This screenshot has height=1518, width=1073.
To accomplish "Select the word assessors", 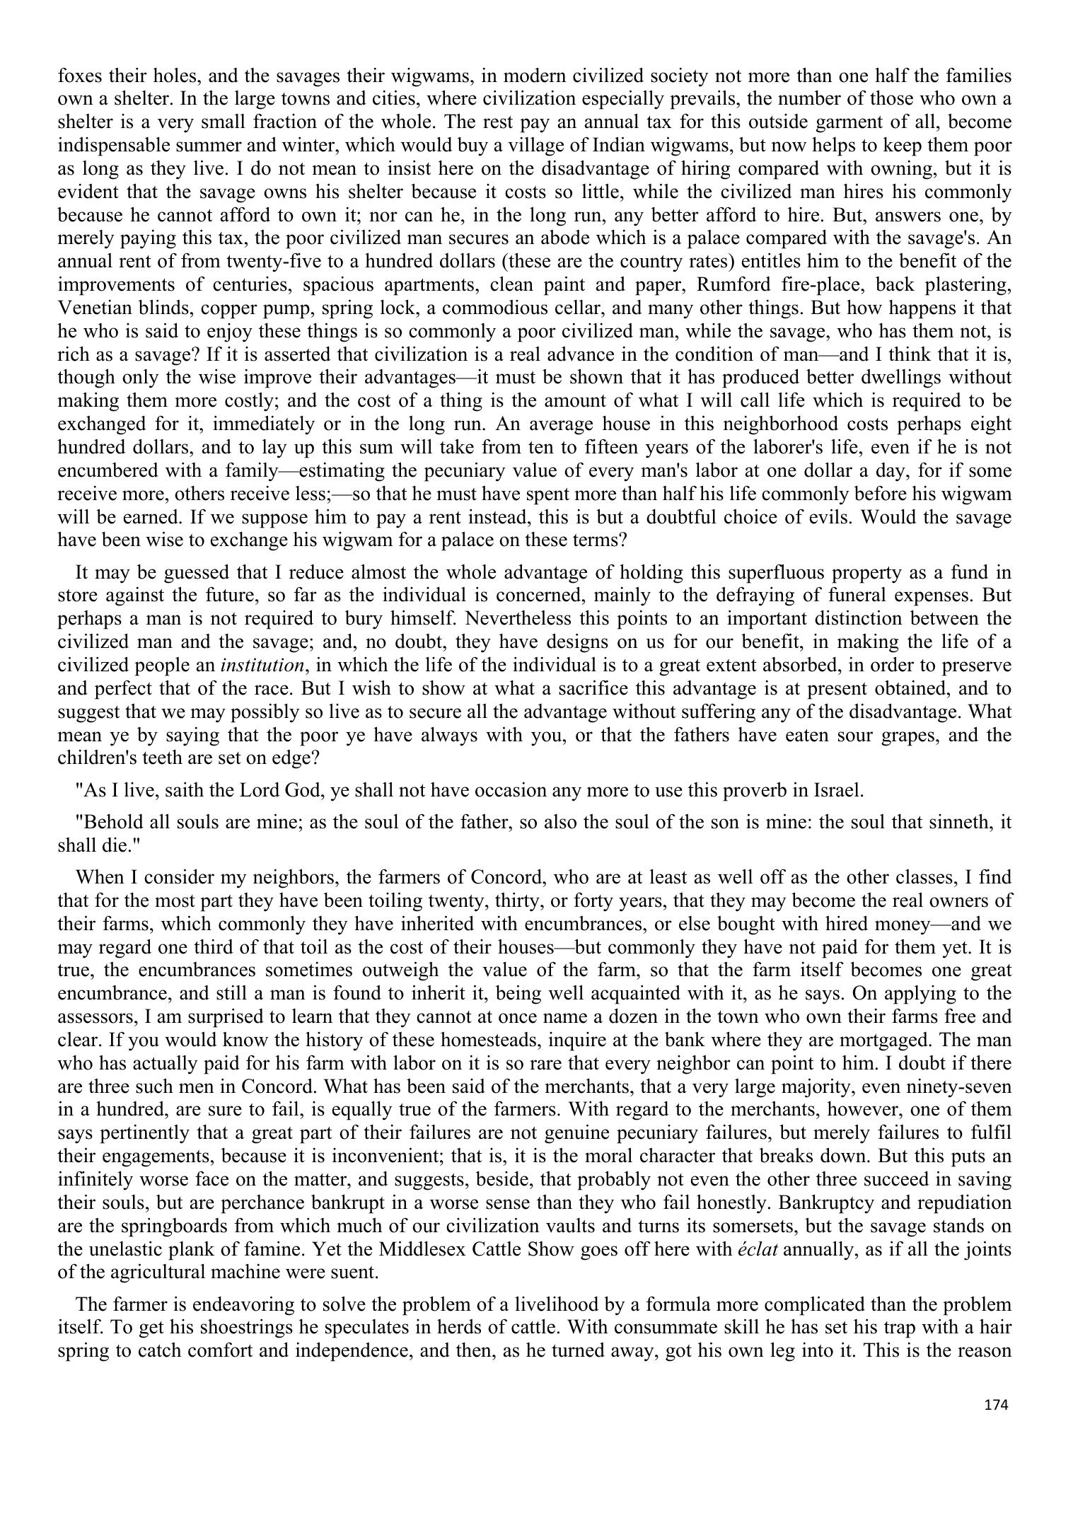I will pos(96,1017).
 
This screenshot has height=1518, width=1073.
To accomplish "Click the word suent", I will pos(355,1271).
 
